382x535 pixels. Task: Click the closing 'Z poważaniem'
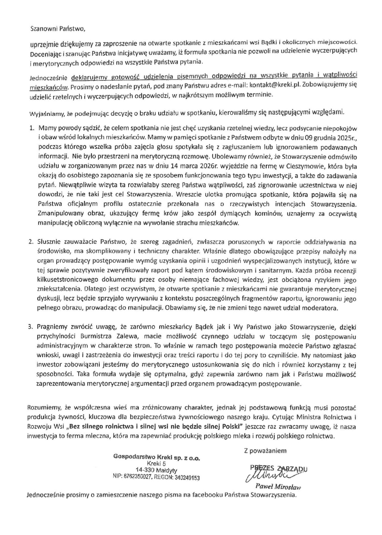click(265, 451)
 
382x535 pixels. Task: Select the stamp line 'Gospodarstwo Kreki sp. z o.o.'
click(157, 457)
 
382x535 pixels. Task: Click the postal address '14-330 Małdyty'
click(157, 470)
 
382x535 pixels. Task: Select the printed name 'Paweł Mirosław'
click(281, 487)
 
